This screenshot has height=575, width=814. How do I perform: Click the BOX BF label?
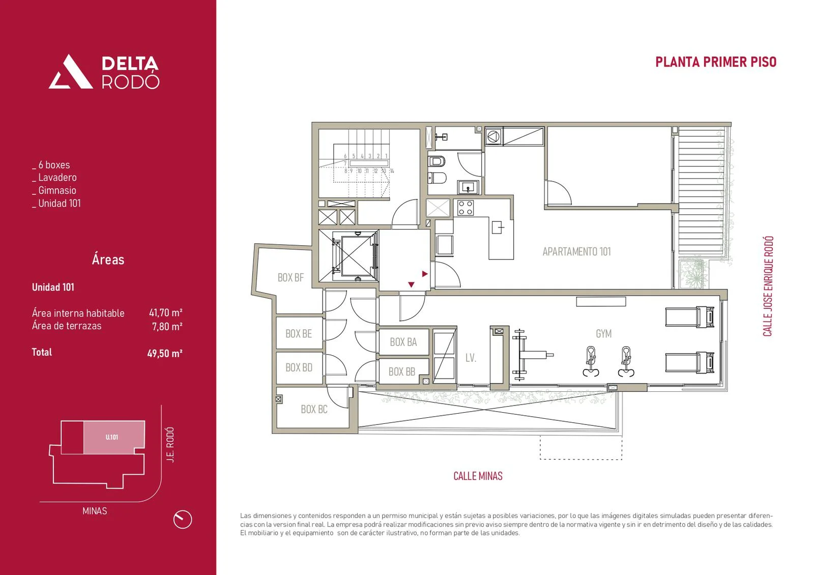pyautogui.click(x=290, y=278)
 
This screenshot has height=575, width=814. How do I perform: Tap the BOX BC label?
pyautogui.click(x=314, y=409)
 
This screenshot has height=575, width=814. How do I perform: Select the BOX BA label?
pyautogui.click(x=403, y=342)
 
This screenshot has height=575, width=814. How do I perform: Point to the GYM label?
pyautogui.click(x=603, y=334)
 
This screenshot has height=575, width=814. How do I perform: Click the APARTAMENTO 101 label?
pyautogui.click(x=576, y=251)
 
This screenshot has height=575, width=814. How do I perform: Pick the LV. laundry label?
pyautogui.click(x=471, y=358)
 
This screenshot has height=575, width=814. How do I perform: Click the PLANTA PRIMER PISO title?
pyautogui.click(x=715, y=62)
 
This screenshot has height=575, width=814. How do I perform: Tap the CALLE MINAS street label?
pyautogui.click(x=478, y=476)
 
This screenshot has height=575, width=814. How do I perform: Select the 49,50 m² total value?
pyautogui.click(x=165, y=353)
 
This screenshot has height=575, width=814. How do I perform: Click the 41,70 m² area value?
pyautogui.click(x=165, y=313)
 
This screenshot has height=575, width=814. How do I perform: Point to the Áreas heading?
pyautogui.click(x=108, y=260)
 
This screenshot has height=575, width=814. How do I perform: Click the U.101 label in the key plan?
pyautogui.click(x=112, y=437)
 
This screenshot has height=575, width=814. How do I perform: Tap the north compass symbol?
pyautogui.click(x=182, y=520)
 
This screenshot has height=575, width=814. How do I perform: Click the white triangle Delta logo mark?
pyautogui.click(x=70, y=72)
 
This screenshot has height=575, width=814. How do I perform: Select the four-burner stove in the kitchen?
pyautogui.click(x=466, y=208)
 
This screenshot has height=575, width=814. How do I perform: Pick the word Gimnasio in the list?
pyautogui.click(x=57, y=190)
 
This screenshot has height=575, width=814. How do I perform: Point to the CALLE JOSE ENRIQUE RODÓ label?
pyautogui.click(x=768, y=286)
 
